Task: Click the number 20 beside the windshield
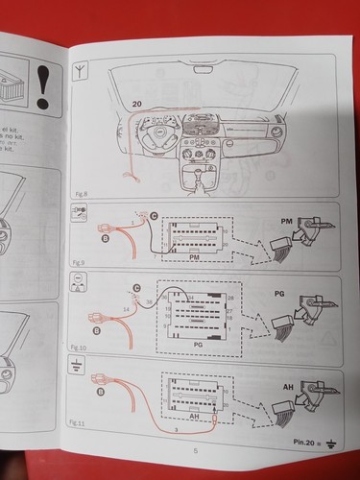pos(135,103)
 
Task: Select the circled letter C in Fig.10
pos(136,287)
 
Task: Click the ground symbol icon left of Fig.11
pos(76,364)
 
